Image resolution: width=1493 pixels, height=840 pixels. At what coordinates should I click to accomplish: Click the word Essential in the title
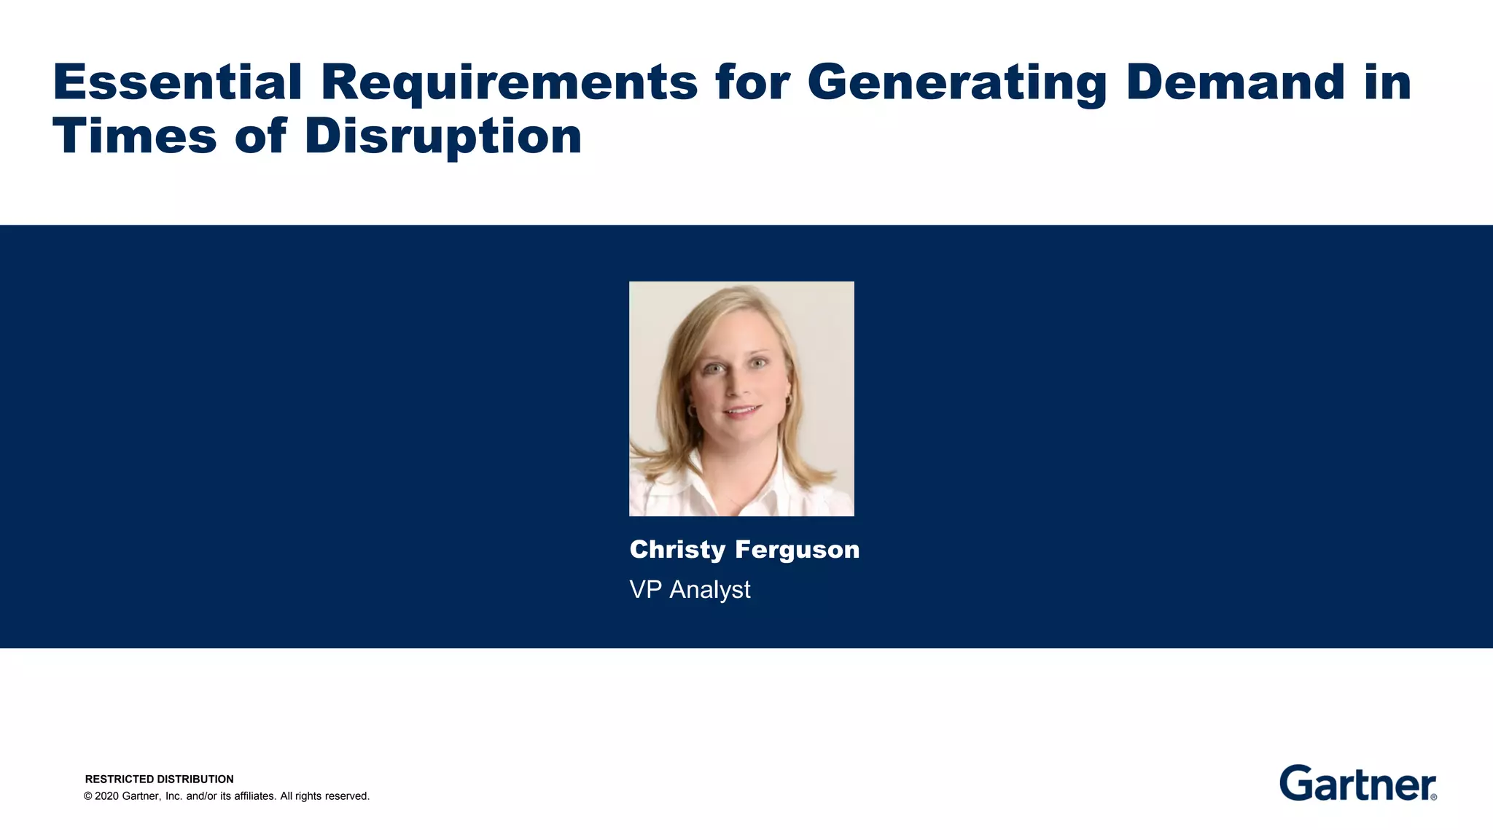tap(177, 82)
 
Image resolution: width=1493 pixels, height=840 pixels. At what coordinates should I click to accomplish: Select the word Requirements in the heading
tap(509, 83)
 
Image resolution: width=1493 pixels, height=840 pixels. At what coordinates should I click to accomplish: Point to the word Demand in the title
tap(1235, 82)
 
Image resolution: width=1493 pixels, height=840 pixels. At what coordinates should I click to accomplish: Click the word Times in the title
tap(134, 136)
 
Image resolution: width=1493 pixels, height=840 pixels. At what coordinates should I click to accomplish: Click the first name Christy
tap(677, 550)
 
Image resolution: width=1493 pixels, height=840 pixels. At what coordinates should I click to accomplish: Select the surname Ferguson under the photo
tap(798, 551)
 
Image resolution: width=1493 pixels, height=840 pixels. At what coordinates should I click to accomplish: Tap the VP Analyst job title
tap(690, 589)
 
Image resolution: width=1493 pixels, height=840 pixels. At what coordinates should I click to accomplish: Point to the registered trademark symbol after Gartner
tap(1434, 797)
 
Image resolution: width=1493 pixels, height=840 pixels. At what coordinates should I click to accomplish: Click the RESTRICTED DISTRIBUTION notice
tap(159, 779)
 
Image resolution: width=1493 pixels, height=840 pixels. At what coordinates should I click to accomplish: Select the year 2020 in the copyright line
tap(106, 796)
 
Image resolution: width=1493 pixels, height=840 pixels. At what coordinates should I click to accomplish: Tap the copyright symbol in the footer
tap(88, 796)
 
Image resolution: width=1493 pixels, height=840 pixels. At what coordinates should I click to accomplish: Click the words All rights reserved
tap(324, 796)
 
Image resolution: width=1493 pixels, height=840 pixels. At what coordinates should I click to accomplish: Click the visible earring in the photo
tap(788, 400)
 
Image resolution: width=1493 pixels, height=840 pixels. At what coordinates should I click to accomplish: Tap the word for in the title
tap(752, 82)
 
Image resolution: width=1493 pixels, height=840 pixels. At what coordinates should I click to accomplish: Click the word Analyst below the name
tap(709, 590)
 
